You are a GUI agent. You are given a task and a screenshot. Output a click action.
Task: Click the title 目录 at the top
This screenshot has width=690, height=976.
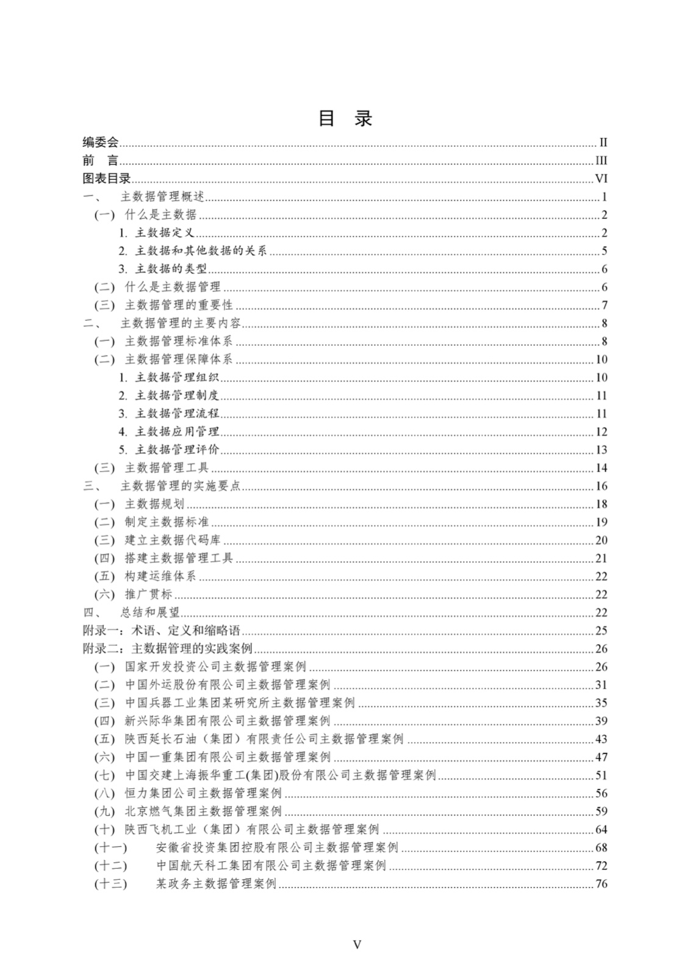coord(345,118)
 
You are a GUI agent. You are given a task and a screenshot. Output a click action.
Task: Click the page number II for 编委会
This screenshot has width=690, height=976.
coord(603,143)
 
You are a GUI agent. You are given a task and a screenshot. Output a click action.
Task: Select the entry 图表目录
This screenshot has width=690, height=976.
coord(107,179)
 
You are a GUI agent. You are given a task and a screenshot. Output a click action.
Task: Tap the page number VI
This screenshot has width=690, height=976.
coord(601,179)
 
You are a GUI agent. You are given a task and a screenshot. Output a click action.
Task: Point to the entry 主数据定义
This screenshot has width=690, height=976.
coord(164,233)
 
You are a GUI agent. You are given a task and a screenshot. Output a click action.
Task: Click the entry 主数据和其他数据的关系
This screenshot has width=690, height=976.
coord(200,251)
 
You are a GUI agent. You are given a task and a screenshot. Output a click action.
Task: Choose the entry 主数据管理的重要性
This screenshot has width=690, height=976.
coord(178,305)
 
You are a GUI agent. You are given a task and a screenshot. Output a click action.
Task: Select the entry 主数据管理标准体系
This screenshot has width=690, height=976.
coord(178,342)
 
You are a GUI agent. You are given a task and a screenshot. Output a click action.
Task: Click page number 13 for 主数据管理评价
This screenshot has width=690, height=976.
coord(602,450)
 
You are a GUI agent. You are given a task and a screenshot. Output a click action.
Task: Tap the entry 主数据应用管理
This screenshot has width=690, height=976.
coord(176,432)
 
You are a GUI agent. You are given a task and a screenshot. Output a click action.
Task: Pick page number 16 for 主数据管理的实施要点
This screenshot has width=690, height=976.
coord(602,486)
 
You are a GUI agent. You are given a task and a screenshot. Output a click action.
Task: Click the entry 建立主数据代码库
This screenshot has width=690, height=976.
coord(173,540)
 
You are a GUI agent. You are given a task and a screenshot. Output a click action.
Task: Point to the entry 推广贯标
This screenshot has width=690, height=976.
coord(148,595)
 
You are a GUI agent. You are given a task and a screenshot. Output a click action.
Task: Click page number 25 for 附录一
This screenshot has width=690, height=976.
coord(602,631)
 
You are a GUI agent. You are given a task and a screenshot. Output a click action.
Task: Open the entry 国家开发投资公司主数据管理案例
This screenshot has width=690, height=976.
coord(215,667)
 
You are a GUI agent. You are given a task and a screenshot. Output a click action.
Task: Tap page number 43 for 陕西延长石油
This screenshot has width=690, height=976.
coord(602,739)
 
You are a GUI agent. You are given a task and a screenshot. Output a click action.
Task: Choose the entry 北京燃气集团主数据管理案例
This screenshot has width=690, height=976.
coord(203,811)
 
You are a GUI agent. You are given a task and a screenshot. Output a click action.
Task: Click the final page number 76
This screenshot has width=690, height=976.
coord(602,884)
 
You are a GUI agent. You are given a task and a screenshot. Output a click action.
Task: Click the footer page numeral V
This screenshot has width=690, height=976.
coord(357,944)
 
